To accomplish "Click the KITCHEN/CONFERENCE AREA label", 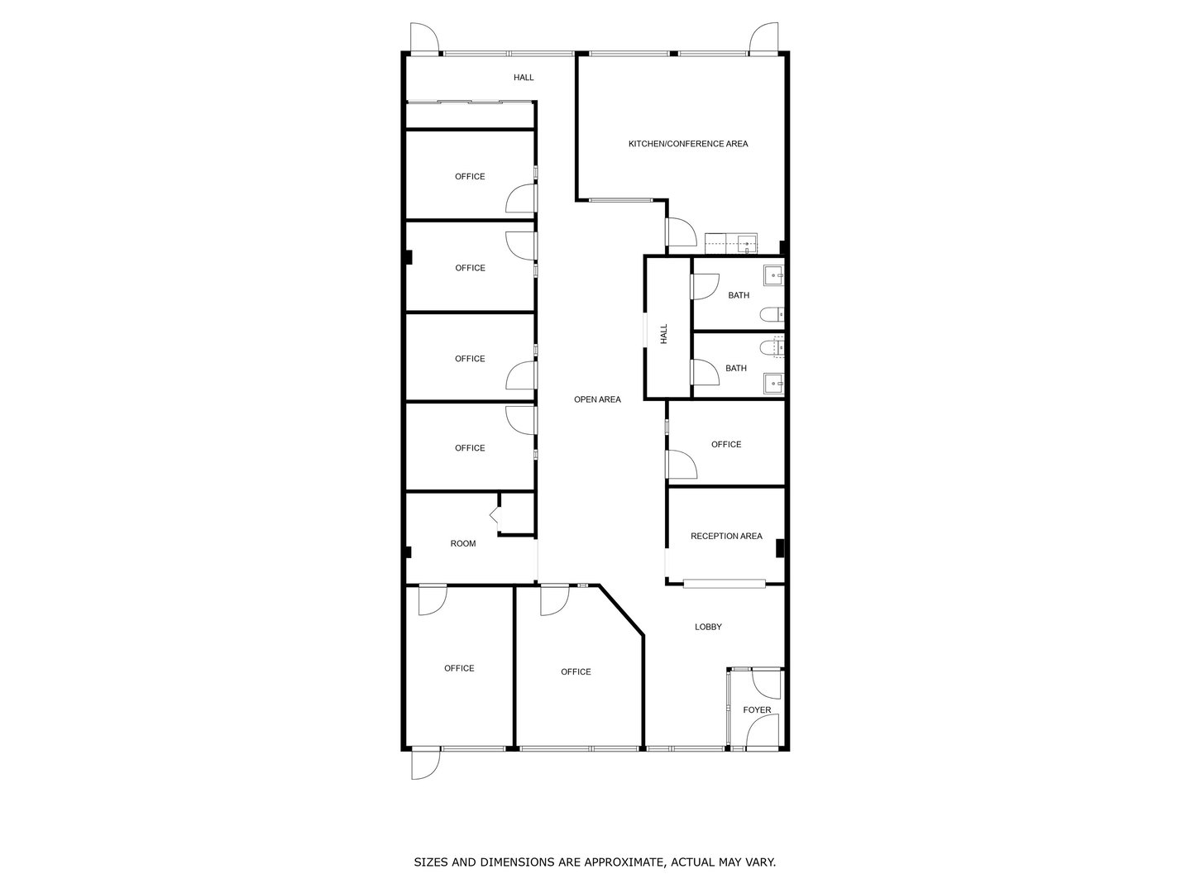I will [688, 144].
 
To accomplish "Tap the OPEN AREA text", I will [597, 399].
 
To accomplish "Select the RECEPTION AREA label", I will [726, 536].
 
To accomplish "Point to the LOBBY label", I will [708, 627].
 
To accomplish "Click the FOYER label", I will [757, 709].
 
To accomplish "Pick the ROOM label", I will [463, 543].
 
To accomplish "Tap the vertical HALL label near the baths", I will [663, 334].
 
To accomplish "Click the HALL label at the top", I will [524, 78].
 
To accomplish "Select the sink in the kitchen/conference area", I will [747, 244].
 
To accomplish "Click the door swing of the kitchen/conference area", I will [680, 232].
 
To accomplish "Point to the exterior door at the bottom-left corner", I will [426, 763].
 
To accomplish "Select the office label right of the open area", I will [726, 444].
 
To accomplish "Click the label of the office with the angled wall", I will [576, 671].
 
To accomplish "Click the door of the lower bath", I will [705, 373].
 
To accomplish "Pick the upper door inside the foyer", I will [766, 682].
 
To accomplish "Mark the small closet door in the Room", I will [495, 518].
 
